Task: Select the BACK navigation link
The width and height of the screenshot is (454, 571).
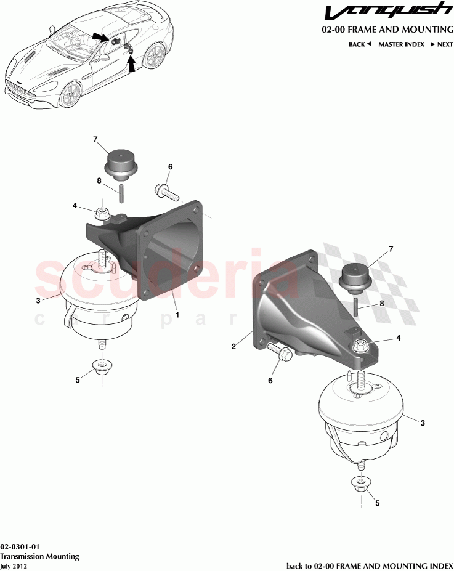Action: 360,44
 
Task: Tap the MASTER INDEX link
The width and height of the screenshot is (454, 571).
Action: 401,44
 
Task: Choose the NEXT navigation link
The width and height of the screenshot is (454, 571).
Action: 442,44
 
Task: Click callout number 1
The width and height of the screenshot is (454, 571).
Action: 177,315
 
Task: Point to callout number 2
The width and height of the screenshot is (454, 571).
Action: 233,347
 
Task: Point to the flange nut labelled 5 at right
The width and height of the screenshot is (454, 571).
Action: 360,485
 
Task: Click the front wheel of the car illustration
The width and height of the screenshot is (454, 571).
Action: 71,96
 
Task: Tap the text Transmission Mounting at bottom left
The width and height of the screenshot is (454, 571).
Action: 40,556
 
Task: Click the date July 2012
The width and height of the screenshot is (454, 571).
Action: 14,566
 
